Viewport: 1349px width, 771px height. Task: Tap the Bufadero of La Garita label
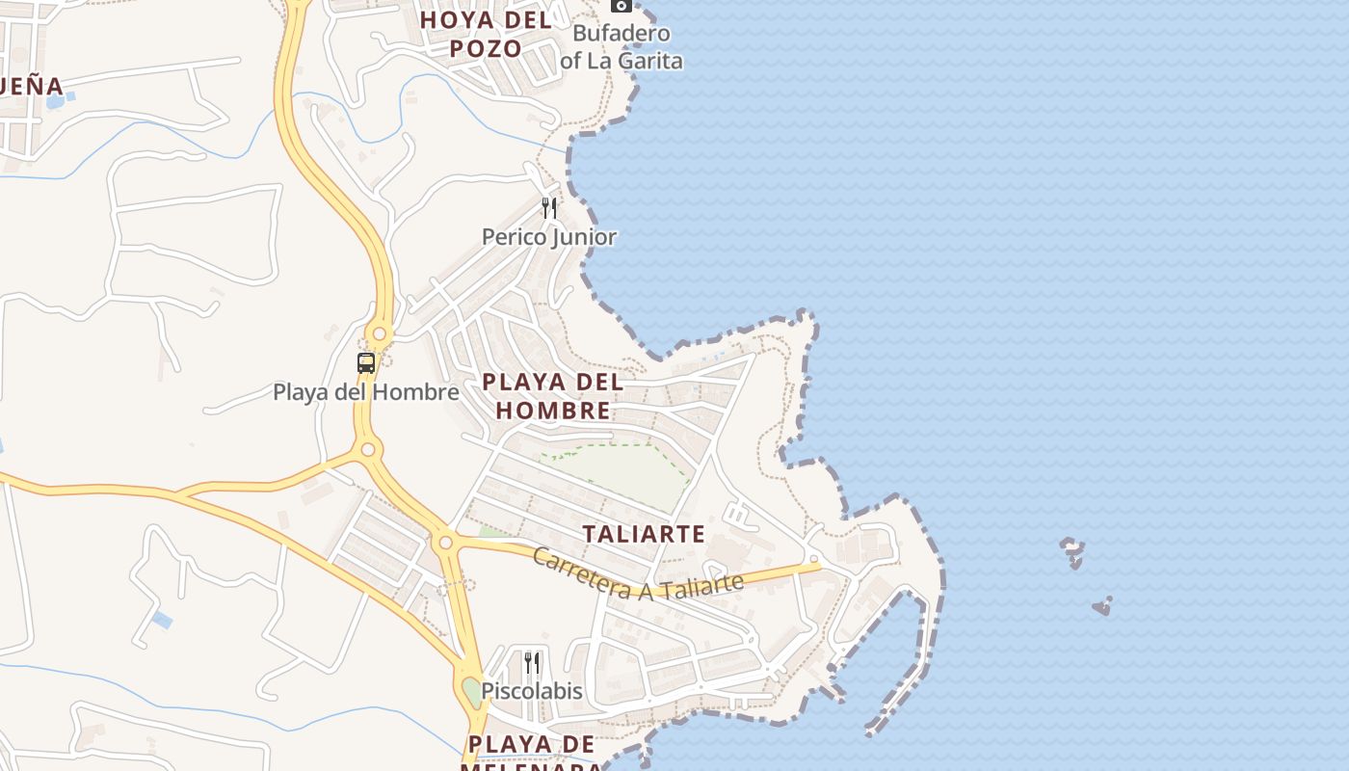622,47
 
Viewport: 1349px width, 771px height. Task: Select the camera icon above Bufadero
622,5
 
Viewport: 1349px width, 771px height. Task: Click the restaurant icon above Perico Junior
549,207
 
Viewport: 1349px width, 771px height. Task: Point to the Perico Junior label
549,237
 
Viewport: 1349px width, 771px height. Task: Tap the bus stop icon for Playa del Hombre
366,363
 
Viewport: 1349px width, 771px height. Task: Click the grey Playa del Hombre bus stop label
366,392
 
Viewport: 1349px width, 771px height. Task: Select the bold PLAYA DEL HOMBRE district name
552,396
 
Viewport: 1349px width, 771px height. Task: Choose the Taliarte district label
644,534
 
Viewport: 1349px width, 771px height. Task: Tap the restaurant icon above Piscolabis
532,662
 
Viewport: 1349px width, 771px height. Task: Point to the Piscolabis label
532,691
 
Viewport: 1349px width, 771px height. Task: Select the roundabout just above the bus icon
379,335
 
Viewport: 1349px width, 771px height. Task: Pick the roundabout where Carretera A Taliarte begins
445,544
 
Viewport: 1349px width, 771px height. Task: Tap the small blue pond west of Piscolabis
162,620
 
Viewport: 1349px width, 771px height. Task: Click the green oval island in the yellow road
470,690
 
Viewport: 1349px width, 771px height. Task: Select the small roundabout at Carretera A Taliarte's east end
814,559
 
